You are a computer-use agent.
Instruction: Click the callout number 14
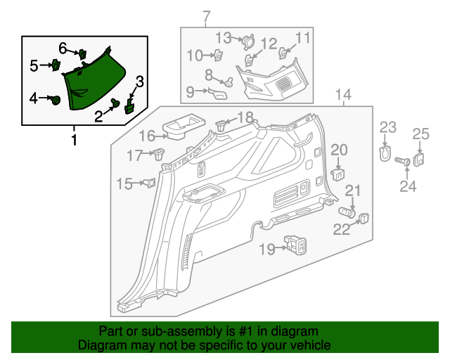(x=343, y=95)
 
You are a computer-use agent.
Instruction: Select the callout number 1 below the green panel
(x=74, y=140)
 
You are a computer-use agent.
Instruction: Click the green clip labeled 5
(x=55, y=65)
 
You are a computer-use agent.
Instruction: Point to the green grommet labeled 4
(x=54, y=101)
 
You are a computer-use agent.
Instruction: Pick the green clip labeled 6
(x=82, y=53)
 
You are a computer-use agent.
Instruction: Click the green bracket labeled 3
(x=129, y=107)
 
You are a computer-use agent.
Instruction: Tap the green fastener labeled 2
(x=116, y=103)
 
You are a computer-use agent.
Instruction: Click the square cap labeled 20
(x=339, y=171)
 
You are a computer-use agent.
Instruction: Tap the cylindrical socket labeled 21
(x=347, y=210)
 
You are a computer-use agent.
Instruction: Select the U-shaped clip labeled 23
(x=385, y=153)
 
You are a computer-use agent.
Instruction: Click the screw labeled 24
(x=405, y=162)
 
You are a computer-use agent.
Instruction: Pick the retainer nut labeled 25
(x=418, y=159)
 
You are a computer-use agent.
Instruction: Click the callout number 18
(x=245, y=116)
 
